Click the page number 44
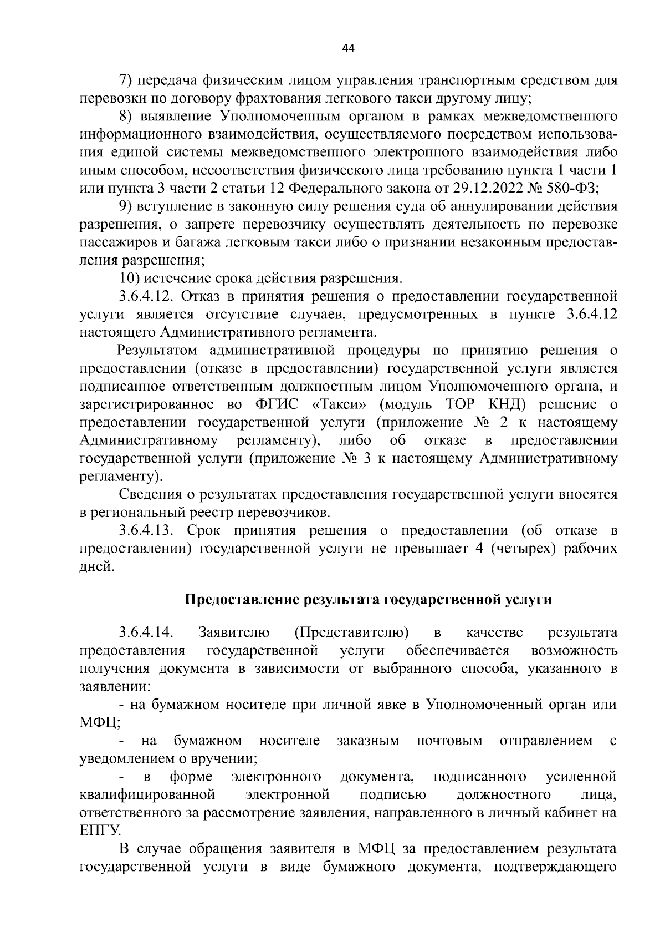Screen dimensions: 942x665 pos(348,48)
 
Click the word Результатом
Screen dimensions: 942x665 pos(157,351)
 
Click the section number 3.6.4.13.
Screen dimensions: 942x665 pos(146,530)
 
